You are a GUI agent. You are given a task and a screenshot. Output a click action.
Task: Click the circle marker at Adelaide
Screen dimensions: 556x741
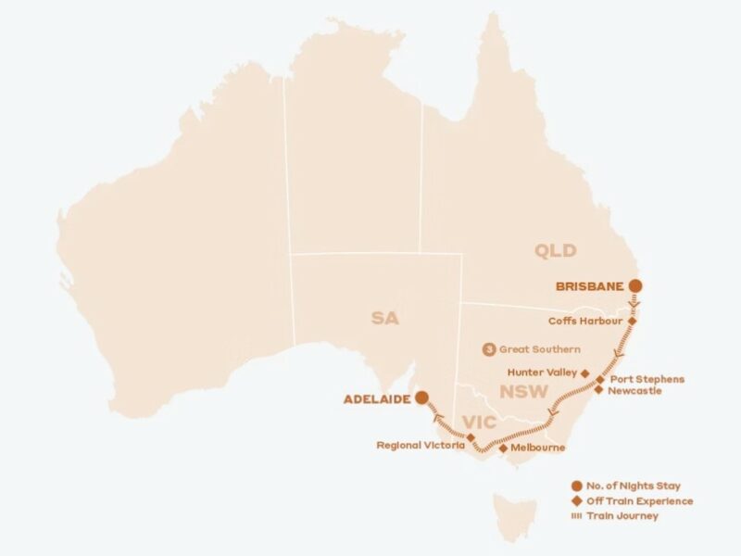point(421,398)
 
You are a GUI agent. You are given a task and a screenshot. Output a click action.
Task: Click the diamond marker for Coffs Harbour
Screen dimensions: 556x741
point(633,322)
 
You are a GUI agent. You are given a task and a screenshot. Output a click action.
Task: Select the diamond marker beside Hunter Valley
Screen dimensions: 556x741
point(584,373)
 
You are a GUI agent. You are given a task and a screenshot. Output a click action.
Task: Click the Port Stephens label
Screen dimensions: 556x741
point(647,379)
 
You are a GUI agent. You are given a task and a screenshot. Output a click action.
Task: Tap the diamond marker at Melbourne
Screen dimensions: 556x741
point(503,448)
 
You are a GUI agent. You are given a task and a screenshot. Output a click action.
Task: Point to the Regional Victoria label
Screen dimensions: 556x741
point(420,445)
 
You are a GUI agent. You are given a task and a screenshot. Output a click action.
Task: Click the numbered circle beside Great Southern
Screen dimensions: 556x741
point(489,349)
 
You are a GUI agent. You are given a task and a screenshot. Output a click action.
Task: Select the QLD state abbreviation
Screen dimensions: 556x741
point(555,250)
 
